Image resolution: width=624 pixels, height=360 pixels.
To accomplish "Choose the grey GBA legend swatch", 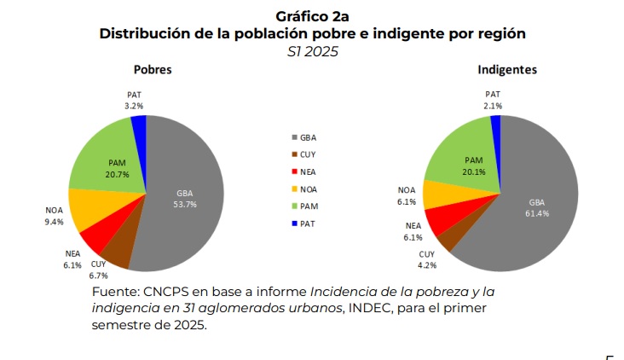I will click(295, 137).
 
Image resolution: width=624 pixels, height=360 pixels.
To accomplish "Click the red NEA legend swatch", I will click(295, 171).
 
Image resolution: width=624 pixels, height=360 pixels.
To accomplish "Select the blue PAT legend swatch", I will click(295, 224).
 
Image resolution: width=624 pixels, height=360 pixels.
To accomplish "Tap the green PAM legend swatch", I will click(295, 206).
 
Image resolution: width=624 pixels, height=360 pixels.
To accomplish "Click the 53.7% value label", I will click(185, 204).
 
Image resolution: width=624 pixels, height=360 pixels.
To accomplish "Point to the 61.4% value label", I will click(537, 213).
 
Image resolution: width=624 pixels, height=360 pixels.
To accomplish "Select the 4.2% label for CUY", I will click(426, 265).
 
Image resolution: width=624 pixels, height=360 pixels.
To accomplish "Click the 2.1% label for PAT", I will click(493, 106).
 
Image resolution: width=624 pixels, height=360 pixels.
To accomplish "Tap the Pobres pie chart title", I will click(152, 70).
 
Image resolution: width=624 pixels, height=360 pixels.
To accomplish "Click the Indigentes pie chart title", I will click(506, 70).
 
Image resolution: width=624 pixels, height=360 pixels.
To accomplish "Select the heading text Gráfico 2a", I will click(312, 16).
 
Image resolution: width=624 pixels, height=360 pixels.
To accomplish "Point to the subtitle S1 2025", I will click(312, 52).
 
